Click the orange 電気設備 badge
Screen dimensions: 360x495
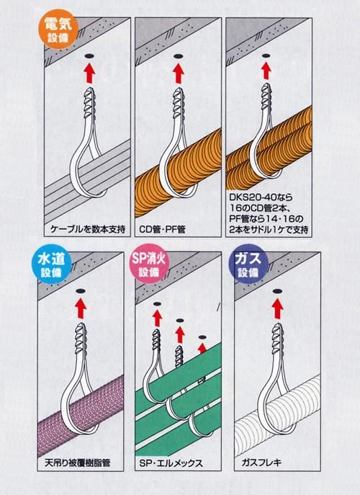58,29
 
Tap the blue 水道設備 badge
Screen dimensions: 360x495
51,264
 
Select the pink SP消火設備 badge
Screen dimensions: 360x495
149,264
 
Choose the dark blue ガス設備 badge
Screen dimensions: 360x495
248,264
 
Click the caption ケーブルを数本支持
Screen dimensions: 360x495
87,229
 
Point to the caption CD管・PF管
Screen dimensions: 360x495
162,229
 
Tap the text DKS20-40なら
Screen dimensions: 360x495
261,197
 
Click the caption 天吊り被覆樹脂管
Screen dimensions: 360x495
78,463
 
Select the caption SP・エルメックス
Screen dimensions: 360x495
171,463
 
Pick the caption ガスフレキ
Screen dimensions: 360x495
261,463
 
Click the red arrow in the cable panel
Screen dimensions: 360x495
89,73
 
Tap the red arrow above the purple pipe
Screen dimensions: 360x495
81,308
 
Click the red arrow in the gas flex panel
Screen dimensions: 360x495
277,308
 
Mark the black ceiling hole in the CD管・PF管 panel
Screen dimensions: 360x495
179,56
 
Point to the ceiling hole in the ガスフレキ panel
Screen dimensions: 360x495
277,290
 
